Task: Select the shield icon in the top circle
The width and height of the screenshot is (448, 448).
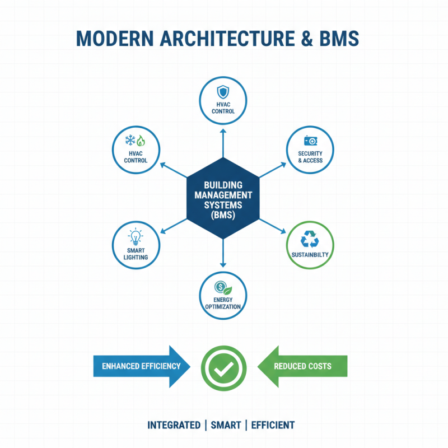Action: tap(223, 91)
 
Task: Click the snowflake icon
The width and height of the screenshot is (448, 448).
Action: tap(129, 140)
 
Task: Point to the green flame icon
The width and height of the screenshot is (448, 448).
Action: tap(141, 141)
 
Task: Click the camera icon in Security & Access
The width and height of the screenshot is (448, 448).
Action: tap(310, 141)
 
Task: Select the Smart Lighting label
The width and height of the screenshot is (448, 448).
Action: tap(136, 254)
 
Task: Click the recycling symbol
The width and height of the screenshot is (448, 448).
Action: tap(310, 239)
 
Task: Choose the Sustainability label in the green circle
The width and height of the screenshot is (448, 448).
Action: tap(310, 255)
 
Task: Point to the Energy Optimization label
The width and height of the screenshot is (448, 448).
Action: tap(223, 304)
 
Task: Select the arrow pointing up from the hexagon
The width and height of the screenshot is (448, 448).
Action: tap(223, 143)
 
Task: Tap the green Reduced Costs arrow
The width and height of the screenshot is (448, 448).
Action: tap(302, 366)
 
